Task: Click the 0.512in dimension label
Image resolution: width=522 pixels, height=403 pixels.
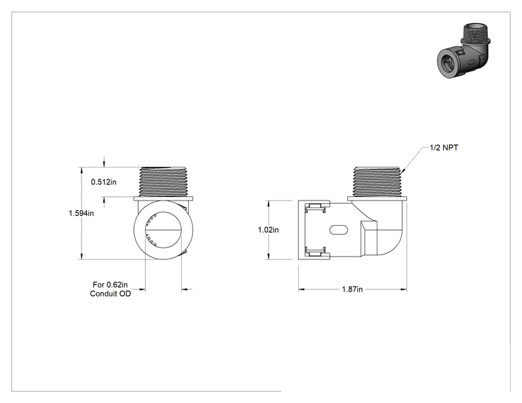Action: point(104,182)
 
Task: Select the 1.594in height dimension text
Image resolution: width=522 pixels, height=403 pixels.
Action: point(81,213)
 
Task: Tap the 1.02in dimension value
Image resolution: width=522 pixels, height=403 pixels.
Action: point(268,230)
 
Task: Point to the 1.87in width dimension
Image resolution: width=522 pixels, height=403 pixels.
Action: point(352,289)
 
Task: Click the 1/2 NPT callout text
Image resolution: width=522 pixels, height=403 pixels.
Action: point(443,148)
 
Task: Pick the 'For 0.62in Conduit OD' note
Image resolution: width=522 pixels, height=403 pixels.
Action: point(110,289)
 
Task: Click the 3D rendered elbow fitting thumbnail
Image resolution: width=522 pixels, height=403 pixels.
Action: point(464,51)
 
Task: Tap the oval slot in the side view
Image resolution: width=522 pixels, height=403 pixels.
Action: point(339,230)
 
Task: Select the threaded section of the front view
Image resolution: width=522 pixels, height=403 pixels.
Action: point(163,182)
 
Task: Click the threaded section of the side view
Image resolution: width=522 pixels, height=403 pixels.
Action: point(377,182)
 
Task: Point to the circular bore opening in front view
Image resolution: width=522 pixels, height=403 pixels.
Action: point(163,230)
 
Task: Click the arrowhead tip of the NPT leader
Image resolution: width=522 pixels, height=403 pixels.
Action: point(402,173)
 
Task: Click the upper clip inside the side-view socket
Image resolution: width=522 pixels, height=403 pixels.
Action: point(315,207)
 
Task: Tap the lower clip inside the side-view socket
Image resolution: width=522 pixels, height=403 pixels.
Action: point(315,253)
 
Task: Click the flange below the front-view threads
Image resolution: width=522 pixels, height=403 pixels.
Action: point(163,199)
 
